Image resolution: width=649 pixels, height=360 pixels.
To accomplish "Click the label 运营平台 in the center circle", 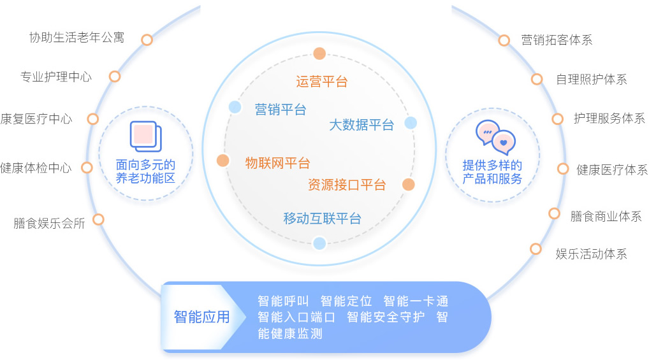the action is [321, 82].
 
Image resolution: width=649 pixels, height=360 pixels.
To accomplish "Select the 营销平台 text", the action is [281, 110].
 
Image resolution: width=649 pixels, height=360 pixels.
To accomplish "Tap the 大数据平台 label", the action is [361, 124].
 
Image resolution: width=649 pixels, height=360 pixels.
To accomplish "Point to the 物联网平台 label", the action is [277, 163].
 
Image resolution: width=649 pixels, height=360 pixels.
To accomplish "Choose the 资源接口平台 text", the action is [347, 185].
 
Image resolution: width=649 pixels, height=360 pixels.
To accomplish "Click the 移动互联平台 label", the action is [323, 219].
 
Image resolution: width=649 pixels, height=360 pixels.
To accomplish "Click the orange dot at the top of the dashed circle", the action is [319, 54].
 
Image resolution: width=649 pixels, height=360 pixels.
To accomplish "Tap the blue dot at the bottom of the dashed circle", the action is [319, 243].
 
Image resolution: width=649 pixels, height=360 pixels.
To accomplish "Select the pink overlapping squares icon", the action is [146, 136].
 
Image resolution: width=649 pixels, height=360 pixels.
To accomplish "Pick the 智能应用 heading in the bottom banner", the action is [201, 317].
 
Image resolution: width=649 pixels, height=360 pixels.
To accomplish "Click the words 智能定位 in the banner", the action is [346, 301].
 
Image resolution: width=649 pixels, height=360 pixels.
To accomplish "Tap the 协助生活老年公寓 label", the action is [77, 38].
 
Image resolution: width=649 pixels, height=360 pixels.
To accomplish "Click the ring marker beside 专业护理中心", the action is [115, 76].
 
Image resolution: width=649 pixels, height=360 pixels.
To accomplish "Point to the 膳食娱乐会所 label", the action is [49, 223].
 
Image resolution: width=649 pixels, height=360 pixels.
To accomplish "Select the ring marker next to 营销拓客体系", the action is [504, 40].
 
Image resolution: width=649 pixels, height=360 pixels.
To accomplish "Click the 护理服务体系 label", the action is [609, 119].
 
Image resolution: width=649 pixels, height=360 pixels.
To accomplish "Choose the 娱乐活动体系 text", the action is [591, 254].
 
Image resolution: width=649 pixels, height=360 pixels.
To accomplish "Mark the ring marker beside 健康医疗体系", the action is [563, 169].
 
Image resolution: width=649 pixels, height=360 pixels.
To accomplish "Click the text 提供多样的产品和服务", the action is [492, 172].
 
